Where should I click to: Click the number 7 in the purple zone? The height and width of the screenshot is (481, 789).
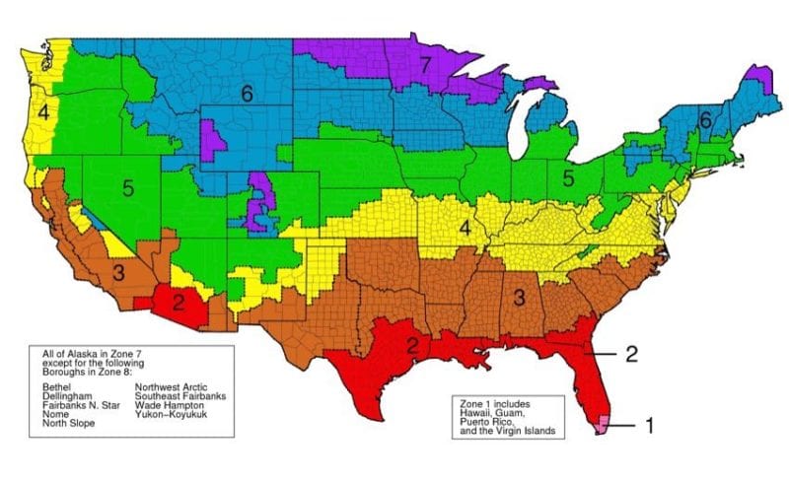[x=424, y=67]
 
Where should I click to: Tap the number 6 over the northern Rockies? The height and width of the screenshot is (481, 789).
[x=248, y=93]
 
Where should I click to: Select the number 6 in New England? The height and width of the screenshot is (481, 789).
[x=705, y=119]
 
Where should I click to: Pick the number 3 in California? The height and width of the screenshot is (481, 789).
[x=117, y=273]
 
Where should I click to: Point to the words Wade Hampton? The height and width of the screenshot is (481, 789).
[x=169, y=405]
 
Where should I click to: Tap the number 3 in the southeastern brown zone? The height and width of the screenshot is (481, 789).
[x=516, y=297]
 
